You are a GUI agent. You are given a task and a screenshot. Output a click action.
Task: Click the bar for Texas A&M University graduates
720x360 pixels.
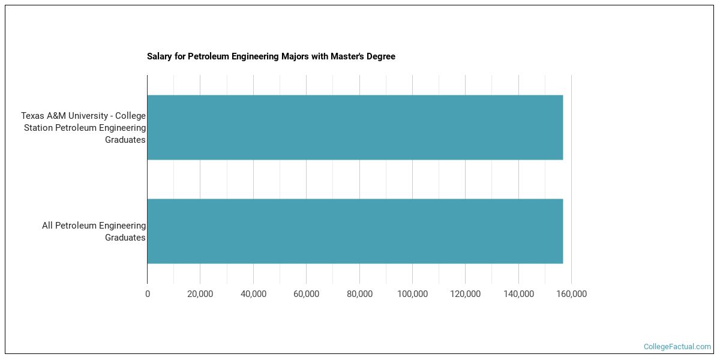point(355,127)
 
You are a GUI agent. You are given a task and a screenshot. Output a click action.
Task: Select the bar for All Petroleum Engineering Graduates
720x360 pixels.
point(355,231)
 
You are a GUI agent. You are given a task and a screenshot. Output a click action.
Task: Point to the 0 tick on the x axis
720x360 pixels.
point(148,294)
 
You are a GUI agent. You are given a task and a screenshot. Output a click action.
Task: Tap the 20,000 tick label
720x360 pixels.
point(200,294)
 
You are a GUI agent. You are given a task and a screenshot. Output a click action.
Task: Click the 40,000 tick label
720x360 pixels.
point(253,294)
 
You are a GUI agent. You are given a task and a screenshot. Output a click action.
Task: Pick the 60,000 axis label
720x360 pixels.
point(306,294)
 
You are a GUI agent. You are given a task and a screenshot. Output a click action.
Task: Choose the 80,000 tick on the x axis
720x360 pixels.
point(359,294)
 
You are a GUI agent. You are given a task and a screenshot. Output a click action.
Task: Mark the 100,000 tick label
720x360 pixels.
point(412,294)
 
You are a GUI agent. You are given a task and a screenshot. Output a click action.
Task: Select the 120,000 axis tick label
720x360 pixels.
point(465,294)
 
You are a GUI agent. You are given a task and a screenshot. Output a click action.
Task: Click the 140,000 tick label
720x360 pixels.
point(518,294)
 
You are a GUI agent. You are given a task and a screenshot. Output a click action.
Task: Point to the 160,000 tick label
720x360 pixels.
point(571,294)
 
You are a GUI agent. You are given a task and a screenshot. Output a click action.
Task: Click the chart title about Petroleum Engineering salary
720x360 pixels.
point(271,56)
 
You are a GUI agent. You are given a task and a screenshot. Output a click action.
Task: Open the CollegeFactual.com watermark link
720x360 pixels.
point(677,347)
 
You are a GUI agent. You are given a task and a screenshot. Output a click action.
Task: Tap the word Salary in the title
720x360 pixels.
point(159,56)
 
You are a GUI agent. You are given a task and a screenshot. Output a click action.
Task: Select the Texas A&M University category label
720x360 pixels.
point(83,127)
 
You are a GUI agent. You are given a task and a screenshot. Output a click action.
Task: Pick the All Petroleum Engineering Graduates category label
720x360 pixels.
point(94,232)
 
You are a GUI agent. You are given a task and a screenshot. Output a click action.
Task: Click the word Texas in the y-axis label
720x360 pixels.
point(32,116)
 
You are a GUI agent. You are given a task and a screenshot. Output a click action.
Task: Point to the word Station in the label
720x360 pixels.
point(39,128)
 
